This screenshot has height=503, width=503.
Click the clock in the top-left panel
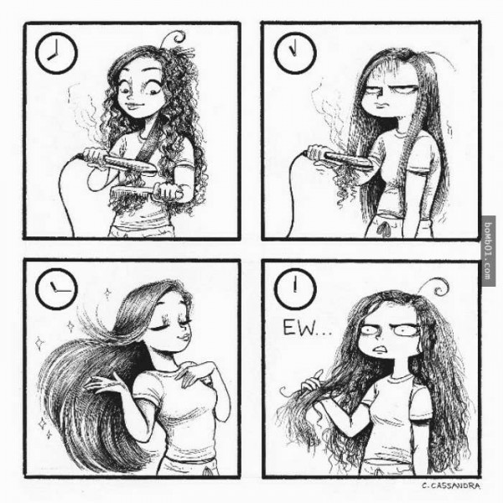click(x=56, y=53)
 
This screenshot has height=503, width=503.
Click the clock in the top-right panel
click(x=295, y=53)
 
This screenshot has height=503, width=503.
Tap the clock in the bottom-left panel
click(x=56, y=288)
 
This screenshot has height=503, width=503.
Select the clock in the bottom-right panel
click(x=295, y=288)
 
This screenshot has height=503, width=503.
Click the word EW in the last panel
click(x=296, y=328)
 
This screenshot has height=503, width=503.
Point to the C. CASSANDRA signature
click(x=451, y=486)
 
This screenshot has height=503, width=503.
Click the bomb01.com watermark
click(x=488, y=251)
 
